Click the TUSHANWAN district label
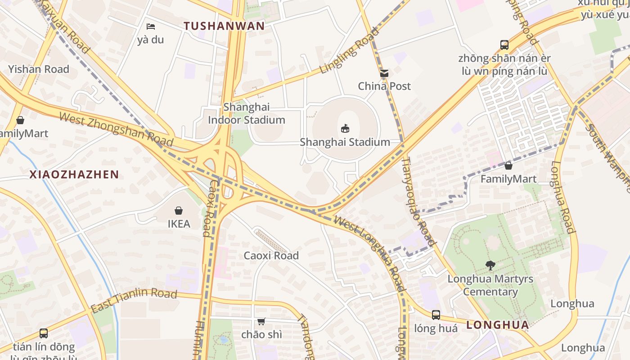[x=224, y=26]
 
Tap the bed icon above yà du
[x=151, y=27]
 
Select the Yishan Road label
[x=39, y=69]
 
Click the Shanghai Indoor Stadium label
[x=247, y=113]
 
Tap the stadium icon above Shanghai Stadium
[x=345, y=129]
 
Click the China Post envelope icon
[x=384, y=73]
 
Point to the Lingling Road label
[x=343, y=51]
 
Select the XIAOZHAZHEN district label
[x=74, y=175]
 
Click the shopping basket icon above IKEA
[x=179, y=211]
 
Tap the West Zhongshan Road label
[x=116, y=130]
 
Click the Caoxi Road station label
[x=271, y=256]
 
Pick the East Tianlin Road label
[x=134, y=300]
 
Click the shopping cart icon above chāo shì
[x=261, y=321]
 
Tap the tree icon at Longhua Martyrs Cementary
[x=490, y=265]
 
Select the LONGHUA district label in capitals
[x=497, y=325]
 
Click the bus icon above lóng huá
[x=436, y=315]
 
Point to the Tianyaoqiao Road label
[x=418, y=201]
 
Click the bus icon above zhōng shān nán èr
[x=504, y=45]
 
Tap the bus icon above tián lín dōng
[x=44, y=333]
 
